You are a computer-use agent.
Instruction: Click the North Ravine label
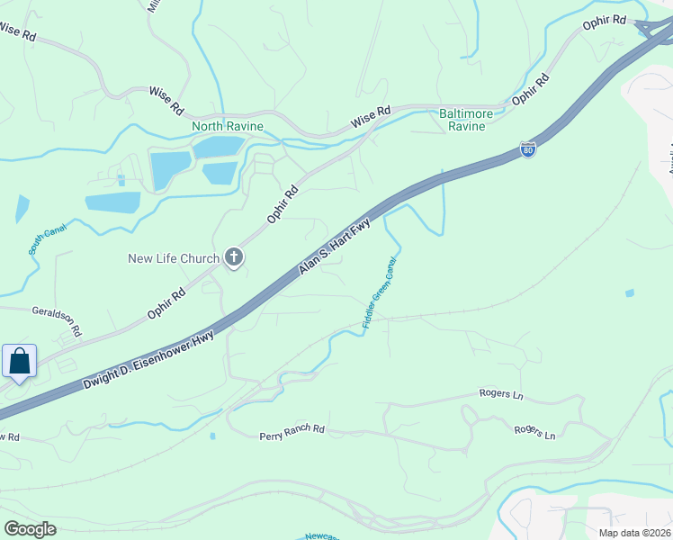(228, 126)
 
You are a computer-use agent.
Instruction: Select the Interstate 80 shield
(528, 149)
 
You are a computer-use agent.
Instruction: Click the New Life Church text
(173, 259)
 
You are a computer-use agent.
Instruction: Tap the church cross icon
(234, 259)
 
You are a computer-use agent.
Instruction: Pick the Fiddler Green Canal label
(381, 296)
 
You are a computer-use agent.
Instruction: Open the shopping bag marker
(20, 362)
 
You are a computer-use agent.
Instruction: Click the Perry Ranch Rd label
(292, 432)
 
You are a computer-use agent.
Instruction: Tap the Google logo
(30, 529)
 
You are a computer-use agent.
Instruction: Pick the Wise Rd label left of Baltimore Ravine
(371, 115)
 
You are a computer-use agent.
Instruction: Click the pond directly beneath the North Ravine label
(219, 146)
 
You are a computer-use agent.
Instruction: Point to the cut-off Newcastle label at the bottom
(319, 536)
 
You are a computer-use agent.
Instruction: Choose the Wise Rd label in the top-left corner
(18, 31)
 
